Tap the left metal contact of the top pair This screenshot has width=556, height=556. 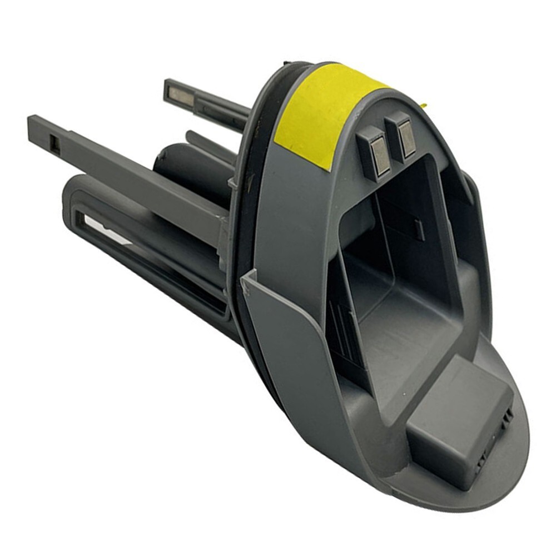pos(379,156)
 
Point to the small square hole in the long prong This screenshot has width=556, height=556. pos(55,145)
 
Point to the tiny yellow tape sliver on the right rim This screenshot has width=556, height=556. pos(423,105)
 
